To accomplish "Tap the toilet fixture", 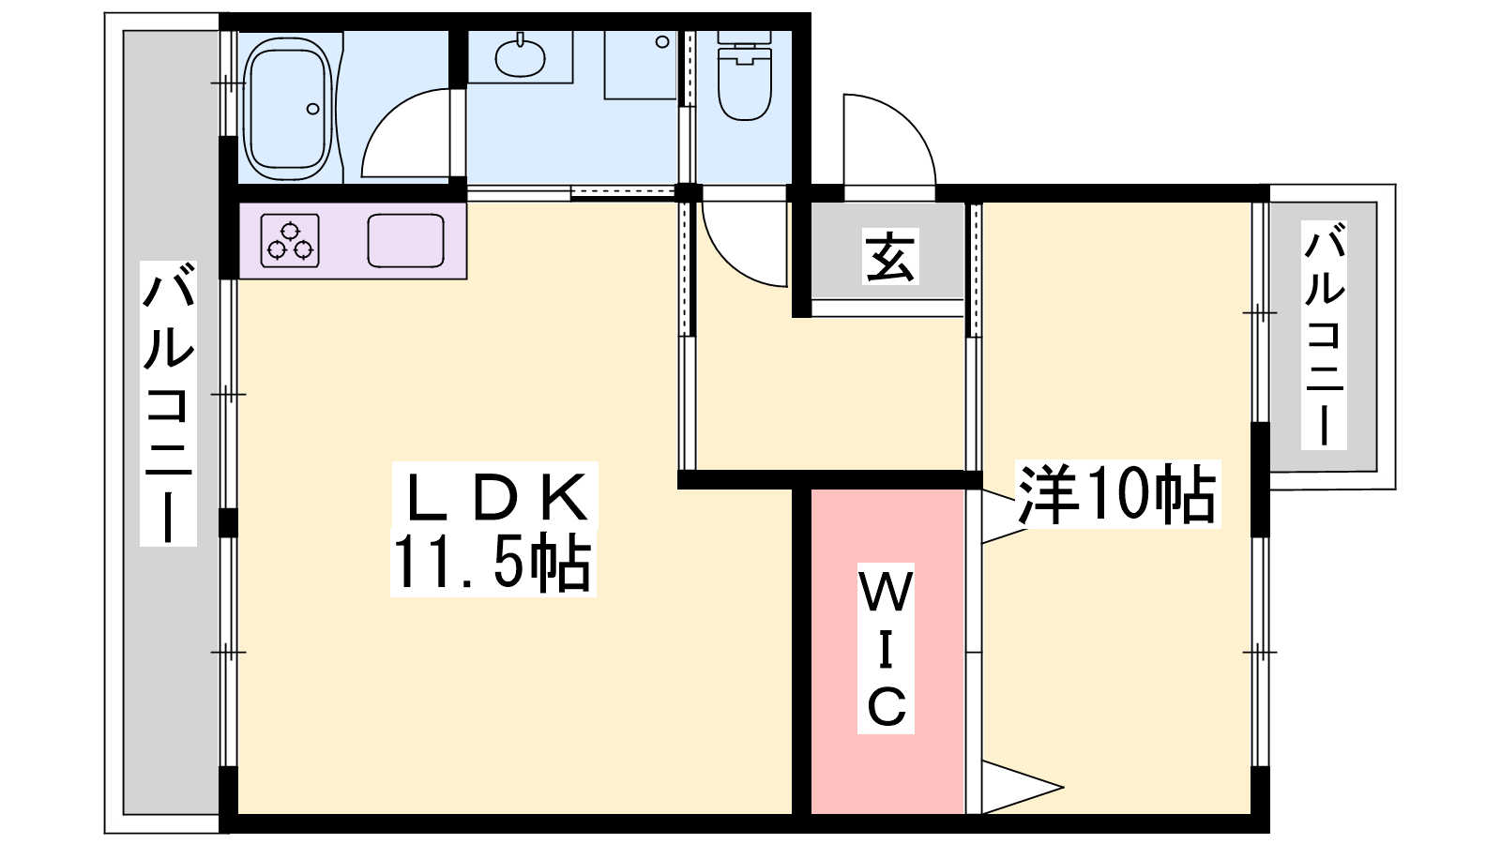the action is pos(745,74).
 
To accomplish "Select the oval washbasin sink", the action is pos(520,57).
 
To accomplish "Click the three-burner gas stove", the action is pos(290,240).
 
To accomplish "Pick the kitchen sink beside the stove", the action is pos(405,240).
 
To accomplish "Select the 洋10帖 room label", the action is pos(1117,493).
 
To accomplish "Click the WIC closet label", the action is pos(886,649).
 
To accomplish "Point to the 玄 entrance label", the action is pos(890,257).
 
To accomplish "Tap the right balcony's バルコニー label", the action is pos(1324,335).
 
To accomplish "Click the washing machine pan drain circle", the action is pos(662,41).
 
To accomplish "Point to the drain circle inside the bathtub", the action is pos(313,109).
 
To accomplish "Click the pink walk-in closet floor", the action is pos(887,651).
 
